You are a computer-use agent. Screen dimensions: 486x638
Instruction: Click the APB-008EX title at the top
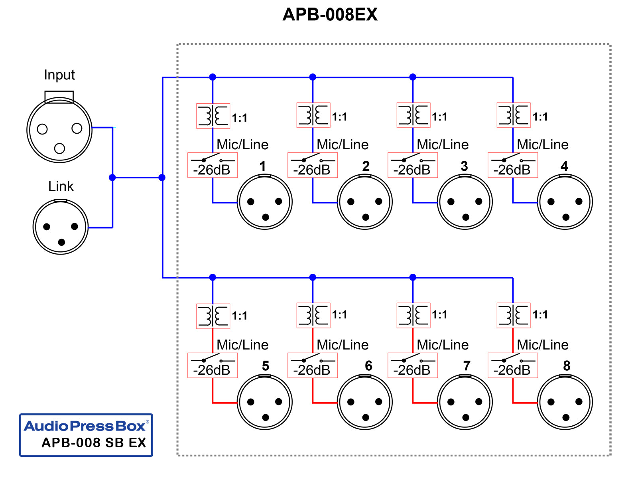point(329,15)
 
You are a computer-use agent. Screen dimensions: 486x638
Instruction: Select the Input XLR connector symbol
point(59,130)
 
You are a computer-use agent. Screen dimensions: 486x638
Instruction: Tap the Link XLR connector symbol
point(61,227)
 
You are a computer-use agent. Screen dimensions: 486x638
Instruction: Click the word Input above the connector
point(59,75)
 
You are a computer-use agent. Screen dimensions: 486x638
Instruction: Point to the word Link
point(61,186)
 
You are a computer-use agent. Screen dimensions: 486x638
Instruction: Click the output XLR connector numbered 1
point(265,202)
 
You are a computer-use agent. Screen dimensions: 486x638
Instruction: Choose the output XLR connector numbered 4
point(565,202)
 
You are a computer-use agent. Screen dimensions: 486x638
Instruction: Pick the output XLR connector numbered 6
point(365,402)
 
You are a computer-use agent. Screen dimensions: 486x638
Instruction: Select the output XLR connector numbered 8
point(565,402)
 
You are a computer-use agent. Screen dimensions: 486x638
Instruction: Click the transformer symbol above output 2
point(313,115)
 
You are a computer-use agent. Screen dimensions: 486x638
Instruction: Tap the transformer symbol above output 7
point(413,316)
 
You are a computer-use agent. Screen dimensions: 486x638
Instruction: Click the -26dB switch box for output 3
point(413,165)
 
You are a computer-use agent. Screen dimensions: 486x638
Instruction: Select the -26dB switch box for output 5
point(213,365)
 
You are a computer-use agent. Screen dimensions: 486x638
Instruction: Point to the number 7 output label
point(467,365)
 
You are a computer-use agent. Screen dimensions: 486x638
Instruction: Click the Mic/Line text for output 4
point(543,144)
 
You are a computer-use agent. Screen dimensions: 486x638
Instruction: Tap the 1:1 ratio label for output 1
point(240,118)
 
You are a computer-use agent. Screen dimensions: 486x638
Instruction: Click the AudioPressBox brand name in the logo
point(85,426)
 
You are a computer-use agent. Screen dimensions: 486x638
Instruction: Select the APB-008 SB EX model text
point(94,443)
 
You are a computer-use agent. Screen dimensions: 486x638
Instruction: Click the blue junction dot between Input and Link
point(112,178)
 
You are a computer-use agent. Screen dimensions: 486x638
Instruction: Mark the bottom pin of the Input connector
point(59,148)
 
